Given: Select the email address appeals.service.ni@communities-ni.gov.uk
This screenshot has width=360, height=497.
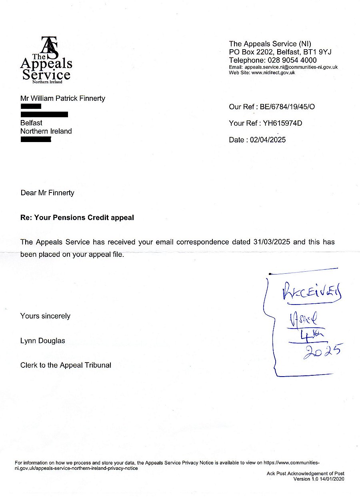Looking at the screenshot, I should coord(291,67).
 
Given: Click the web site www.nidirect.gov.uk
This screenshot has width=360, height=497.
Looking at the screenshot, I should coord(273,73).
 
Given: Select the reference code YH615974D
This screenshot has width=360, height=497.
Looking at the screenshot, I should coord(282,123).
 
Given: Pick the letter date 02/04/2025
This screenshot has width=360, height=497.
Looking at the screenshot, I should coord(268,140).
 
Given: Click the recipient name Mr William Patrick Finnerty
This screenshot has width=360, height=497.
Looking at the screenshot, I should coord(63,98).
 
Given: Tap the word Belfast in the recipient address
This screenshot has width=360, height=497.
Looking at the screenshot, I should coord(31,123).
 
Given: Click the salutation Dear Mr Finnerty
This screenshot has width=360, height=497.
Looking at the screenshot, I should coord(47,193).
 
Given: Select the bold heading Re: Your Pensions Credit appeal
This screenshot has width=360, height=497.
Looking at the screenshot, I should coord(77,218).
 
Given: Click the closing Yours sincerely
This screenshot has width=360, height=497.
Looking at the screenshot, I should coord(45,316).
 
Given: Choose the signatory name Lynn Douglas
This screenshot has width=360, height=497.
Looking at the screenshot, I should coord(42,341).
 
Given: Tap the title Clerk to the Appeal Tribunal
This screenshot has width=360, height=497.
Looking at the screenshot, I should coord(66,365).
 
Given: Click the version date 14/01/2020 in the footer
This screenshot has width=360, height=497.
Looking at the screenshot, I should coord(330,479).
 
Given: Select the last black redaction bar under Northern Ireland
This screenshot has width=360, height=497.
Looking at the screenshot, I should coord(36,140).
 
